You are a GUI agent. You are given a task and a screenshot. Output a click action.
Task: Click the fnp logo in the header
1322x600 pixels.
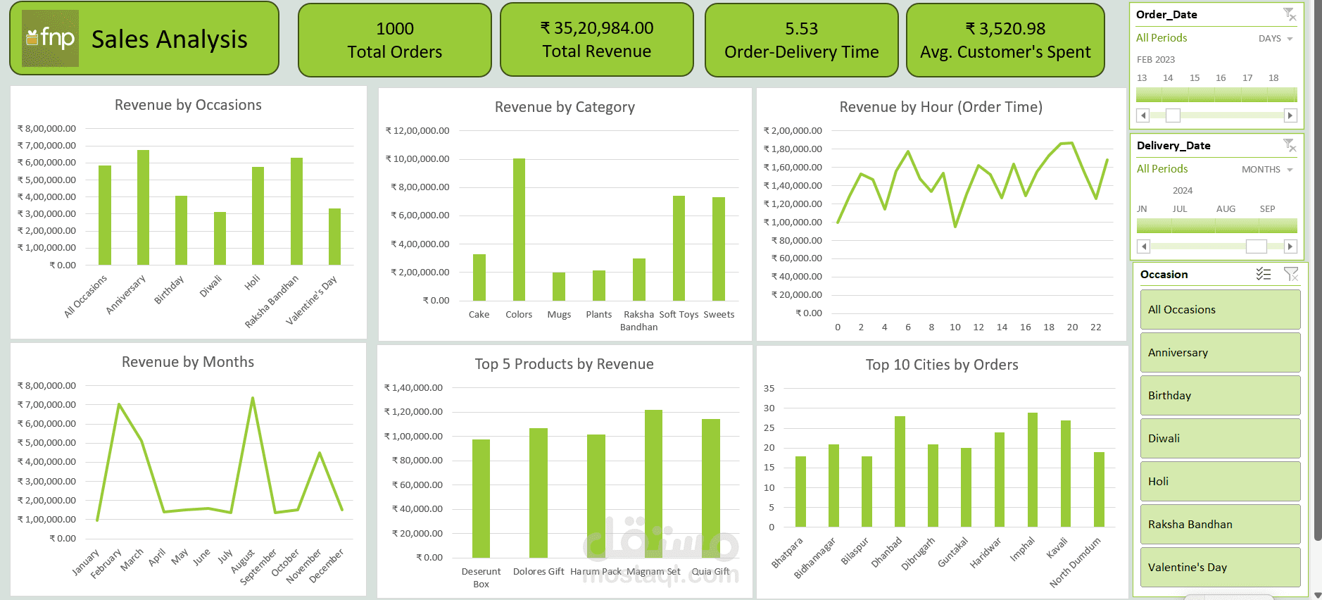[50, 38]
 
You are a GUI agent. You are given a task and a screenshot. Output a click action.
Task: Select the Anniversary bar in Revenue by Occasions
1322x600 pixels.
[143, 208]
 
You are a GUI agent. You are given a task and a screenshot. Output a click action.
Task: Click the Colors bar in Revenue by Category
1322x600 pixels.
[519, 230]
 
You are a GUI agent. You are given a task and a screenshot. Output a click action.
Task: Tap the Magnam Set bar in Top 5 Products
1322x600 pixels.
[653, 483]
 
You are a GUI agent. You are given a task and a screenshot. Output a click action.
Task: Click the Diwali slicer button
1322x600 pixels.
[1220, 438]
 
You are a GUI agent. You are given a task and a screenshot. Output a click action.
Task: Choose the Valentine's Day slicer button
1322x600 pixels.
[1220, 567]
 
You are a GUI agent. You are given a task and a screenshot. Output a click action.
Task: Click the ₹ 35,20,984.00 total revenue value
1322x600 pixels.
[596, 28]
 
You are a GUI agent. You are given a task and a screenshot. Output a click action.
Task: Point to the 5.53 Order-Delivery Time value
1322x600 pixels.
[801, 29]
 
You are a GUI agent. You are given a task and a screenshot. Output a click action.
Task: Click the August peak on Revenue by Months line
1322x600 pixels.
[252, 399]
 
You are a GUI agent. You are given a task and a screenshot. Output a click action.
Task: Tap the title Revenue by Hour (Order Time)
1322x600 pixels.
[940, 107]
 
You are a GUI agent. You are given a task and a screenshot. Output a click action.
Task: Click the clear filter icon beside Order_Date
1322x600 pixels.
[1289, 14]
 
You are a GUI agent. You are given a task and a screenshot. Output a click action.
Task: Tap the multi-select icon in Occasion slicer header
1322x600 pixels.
[1264, 275]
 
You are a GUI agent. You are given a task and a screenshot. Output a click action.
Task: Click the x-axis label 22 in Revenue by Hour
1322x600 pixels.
[1095, 327]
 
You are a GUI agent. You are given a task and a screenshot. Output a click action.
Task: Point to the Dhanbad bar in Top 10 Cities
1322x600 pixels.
[900, 471]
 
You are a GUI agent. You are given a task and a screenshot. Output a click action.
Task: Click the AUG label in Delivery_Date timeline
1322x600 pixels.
[1226, 209]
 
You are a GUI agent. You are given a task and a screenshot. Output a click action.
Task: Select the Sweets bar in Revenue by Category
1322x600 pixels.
[719, 249]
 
